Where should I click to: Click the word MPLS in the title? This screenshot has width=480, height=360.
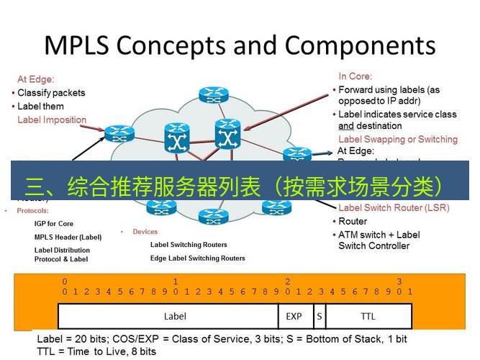click(x=76, y=45)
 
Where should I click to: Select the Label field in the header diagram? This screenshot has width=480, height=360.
click(x=175, y=316)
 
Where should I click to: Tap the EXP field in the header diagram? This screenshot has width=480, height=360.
click(x=294, y=316)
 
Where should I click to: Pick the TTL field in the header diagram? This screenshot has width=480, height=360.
click(x=368, y=316)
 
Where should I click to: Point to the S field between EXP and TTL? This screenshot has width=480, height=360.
click(x=318, y=316)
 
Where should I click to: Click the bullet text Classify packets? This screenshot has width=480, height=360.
click(x=51, y=93)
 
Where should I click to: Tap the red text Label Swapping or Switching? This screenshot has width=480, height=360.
click(x=397, y=139)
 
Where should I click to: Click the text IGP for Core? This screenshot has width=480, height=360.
click(x=54, y=224)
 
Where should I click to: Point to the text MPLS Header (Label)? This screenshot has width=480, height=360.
click(x=68, y=237)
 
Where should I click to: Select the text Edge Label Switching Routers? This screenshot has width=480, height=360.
click(x=197, y=258)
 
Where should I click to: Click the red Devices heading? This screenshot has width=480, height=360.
click(x=145, y=232)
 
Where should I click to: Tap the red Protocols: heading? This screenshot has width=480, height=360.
click(x=32, y=211)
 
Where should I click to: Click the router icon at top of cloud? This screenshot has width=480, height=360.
click(x=212, y=94)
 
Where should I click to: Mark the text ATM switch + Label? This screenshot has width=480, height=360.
click(x=379, y=235)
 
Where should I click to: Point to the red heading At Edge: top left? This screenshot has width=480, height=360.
click(x=36, y=80)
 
